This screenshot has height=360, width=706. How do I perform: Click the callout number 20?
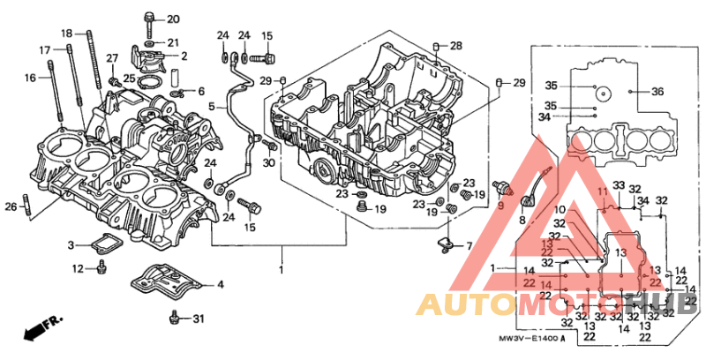coord(172,19)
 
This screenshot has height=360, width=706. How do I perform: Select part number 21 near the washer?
coord(172,41)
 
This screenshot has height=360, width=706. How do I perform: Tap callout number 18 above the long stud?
coord(67,33)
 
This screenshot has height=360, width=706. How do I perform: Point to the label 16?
coord(31,78)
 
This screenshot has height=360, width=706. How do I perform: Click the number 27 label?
coord(112,58)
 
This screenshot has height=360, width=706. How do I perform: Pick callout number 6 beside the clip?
coord(200,91)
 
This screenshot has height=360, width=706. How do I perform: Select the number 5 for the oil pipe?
coord(212,106)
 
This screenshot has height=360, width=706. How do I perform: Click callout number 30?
coord(268,162)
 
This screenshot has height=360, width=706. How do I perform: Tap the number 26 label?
coord(11,206)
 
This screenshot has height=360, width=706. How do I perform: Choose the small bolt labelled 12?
coord(102,267)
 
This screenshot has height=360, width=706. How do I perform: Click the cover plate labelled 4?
coord(168,282)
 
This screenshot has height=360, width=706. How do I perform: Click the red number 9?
coord(499,206)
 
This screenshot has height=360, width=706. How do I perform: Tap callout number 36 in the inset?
coord(657,91)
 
